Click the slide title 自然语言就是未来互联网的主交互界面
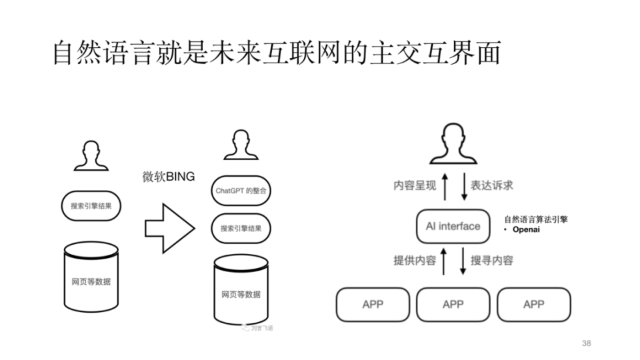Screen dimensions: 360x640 (x=276, y=53)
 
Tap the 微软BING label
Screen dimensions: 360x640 (x=168, y=177)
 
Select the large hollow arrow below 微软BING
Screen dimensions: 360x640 (x=169, y=229)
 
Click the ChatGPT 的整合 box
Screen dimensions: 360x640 (x=241, y=191)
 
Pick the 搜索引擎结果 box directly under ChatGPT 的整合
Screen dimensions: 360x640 (x=241, y=229)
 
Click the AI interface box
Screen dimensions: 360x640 (x=453, y=226)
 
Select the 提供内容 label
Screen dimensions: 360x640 (x=414, y=261)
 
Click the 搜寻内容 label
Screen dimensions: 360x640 (x=492, y=261)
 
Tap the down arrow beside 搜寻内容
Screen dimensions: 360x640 (x=462, y=261)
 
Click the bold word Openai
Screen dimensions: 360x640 (x=526, y=230)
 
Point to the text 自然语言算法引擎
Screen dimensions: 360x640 (x=536, y=219)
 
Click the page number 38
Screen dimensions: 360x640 (x=586, y=343)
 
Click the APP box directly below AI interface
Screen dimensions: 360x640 (x=453, y=305)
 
